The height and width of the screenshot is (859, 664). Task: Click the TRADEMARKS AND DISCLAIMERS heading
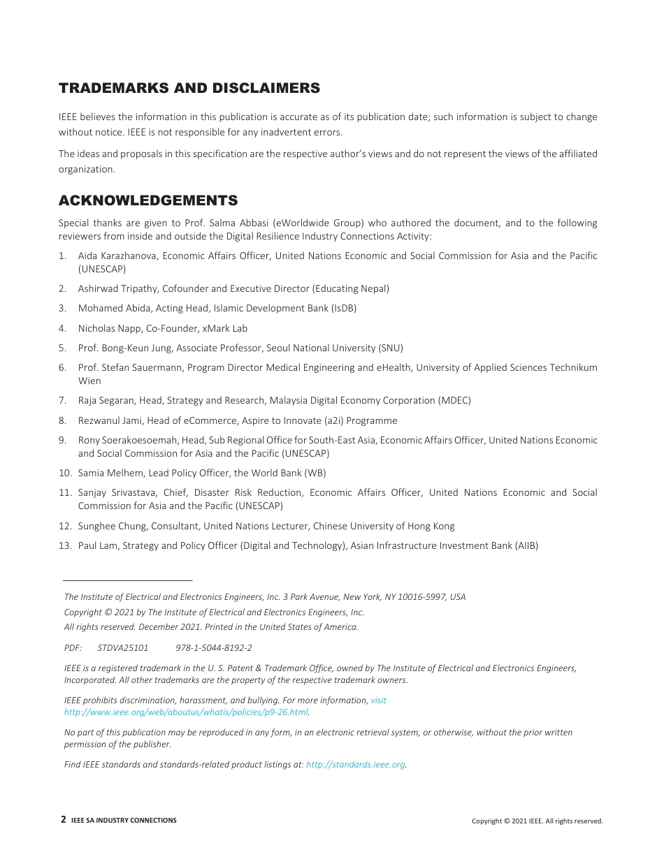pos(189,88)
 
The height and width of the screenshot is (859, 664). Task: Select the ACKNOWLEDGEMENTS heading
pos(148,201)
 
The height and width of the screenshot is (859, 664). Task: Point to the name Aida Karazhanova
pos(117,256)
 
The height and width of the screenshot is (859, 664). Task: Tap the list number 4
pos(62,328)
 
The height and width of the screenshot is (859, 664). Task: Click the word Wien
pos(89,381)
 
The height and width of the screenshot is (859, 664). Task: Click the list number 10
pos(64,473)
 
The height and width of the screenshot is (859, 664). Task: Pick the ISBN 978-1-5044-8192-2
pos(214,647)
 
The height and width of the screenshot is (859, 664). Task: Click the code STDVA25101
pos(123,647)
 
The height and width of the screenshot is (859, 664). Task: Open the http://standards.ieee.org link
pos(356,765)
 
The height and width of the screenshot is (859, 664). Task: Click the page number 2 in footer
pos(64,820)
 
